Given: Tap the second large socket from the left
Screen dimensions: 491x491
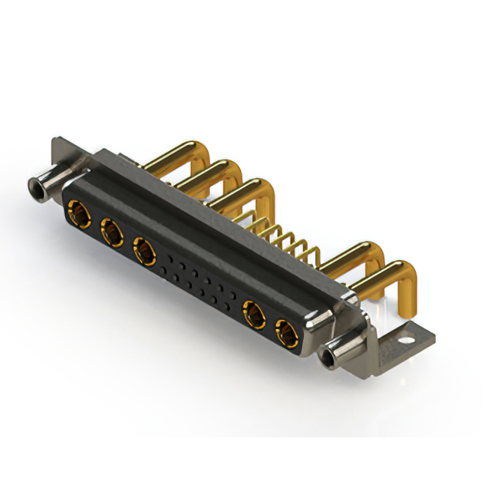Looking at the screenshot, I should (x=110, y=229).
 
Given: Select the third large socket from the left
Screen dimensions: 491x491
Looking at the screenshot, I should (x=143, y=249).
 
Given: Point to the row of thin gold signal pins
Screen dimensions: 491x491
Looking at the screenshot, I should (x=288, y=238).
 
